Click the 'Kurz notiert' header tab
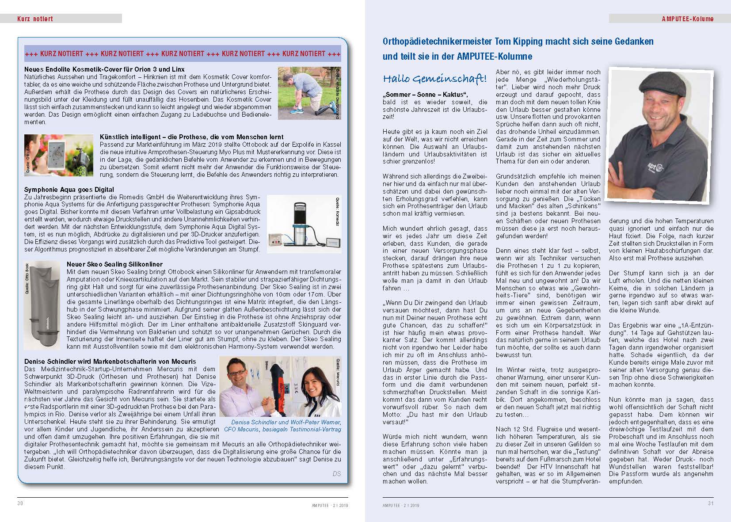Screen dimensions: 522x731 (35, 19)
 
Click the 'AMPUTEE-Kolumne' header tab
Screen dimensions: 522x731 (687, 19)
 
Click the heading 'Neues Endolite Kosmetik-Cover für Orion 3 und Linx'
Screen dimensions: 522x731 (104, 69)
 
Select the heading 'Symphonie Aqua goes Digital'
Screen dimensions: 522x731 (69, 190)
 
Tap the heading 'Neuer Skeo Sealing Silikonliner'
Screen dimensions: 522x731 (114, 264)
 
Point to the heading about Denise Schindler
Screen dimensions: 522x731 (104, 362)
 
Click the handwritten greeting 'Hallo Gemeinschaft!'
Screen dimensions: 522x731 (434, 79)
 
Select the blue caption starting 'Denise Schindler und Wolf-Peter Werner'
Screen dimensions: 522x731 (286, 426)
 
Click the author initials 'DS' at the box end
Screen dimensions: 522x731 (336, 474)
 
